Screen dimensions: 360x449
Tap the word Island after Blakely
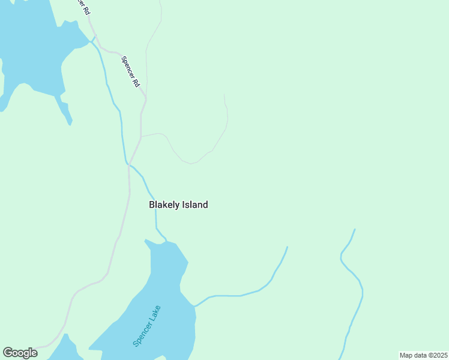(194, 205)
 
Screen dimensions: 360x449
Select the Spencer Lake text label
(147, 326)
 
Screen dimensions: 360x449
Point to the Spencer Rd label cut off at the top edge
(83, 7)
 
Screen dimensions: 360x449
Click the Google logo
(20, 353)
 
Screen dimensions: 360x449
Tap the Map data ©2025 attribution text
(423, 355)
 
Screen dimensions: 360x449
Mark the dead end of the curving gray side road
(224, 95)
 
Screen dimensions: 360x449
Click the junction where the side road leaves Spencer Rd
(141, 136)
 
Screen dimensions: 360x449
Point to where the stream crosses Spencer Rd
(128, 164)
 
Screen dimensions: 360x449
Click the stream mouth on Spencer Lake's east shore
(194, 306)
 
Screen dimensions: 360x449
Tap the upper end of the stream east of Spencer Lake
(288, 247)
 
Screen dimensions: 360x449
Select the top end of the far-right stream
(355, 229)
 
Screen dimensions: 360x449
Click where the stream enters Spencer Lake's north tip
(166, 241)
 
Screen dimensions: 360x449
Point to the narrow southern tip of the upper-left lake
(70, 124)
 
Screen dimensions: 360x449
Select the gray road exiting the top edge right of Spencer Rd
(160, 3)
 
